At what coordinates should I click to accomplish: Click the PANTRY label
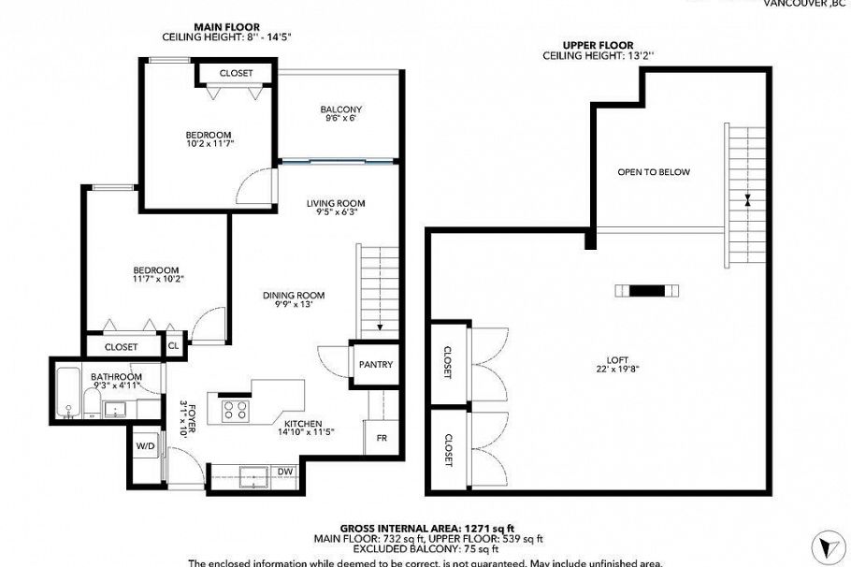coord(375,364)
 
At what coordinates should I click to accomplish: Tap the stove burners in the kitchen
coord(234,410)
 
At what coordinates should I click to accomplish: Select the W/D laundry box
coord(145,446)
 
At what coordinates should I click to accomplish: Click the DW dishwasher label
coord(285,471)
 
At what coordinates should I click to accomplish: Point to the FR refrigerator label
coord(382,437)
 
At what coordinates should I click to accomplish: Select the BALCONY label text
coord(340,109)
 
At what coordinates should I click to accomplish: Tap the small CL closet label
coord(173,345)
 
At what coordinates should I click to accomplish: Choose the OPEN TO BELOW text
coord(654,172)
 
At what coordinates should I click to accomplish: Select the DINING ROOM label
coord(293,295)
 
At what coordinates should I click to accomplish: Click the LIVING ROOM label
coord(336,203)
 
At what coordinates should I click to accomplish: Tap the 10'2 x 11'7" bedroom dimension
coord(208,143)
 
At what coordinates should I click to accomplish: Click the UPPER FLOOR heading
coord(598,45)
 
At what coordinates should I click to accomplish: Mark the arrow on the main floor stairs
coord(380,327)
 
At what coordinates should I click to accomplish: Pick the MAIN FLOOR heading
coord(226,26)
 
